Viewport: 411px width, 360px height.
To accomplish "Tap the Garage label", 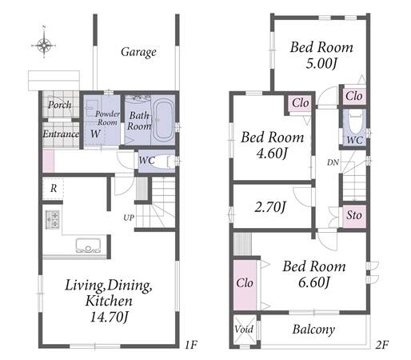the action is [138, 52].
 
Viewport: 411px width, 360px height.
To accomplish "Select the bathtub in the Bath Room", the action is [163, 119].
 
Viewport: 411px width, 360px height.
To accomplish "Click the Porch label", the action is [60, 105].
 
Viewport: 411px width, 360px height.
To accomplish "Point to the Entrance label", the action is [61, 134].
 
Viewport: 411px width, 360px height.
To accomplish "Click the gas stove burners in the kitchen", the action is [52, 219].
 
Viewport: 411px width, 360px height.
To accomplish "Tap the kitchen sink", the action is [88, 245].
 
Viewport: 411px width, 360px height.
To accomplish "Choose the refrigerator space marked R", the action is [53, 189].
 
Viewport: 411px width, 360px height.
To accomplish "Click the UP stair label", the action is [129, 218].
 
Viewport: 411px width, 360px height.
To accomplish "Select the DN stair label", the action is [333, 162].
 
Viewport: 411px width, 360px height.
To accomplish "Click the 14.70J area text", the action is [110, 317].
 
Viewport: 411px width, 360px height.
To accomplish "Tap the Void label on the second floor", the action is [244, 330].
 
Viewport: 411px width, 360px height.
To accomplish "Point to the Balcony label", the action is [313, 330].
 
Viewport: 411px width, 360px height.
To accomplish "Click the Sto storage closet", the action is [354, 216].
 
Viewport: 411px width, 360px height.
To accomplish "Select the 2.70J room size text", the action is [270, 207].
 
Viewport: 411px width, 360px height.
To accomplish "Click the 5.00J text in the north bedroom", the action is [321, 63].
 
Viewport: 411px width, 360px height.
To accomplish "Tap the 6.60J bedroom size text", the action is [314, 282].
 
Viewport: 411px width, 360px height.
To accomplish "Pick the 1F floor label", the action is [191, 346].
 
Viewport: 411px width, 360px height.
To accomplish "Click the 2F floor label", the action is [381, 346].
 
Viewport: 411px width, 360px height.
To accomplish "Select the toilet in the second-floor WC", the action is [354, 122].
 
